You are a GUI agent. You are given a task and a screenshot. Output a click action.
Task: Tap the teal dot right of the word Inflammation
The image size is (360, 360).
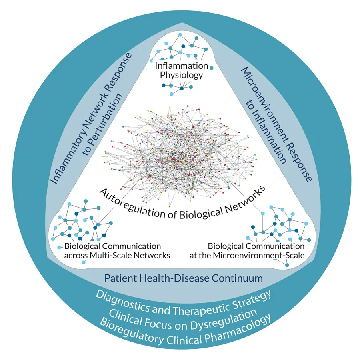[212, 68]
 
